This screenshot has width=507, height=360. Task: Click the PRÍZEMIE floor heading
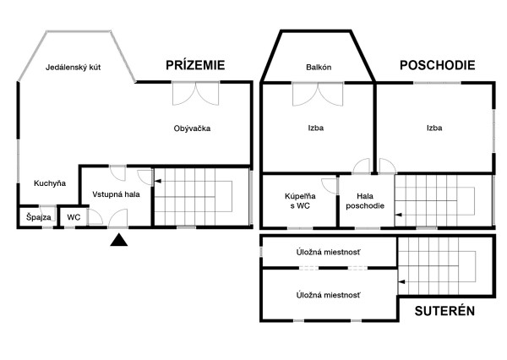point(195,65)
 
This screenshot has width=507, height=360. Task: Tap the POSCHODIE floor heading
point(438,65)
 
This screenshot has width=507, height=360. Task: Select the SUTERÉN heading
point(444,311)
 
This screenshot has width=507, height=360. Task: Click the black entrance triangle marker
point(118,240)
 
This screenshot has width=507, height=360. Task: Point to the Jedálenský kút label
point(73,68)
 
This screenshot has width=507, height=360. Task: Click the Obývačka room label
point(192,128)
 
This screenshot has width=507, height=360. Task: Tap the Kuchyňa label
point(50,183)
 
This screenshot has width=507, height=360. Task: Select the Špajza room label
point(39,217)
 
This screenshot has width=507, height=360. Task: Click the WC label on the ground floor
point(74,217)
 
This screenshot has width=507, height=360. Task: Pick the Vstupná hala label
point(116,194)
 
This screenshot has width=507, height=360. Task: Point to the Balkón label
point(319,68)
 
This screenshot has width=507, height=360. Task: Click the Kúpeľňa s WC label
point(300,201)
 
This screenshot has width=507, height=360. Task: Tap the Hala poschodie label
point(365,201)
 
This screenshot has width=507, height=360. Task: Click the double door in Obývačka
point(196,94)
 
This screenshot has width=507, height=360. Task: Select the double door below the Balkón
point(318,95)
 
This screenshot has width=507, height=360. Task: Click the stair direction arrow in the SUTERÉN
point(401,282)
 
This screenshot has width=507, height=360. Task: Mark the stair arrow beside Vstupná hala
point(158,181)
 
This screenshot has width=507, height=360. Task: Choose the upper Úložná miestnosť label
point(328,253)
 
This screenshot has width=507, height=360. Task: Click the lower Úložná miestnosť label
point(328,295)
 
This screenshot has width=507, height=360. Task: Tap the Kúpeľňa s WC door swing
point(330,186)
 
